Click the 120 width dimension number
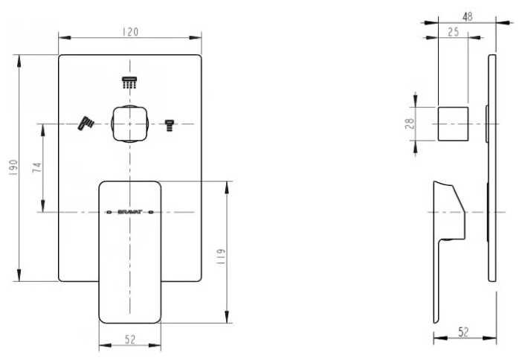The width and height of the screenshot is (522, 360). (x=130, y=32)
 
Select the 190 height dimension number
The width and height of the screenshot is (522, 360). (x=13, y=167)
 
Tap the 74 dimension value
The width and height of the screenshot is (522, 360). (x=37, y=167)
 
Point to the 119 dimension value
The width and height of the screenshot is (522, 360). (x=221, y=257)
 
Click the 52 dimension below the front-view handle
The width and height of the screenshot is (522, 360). (x=130, y=339)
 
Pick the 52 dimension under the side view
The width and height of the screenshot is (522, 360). (x=463, y=332)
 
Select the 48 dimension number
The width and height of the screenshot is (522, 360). (x=468, y=16)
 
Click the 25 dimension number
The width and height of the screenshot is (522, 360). (x=453, y=32)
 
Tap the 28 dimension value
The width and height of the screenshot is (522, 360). (x=410, y=123)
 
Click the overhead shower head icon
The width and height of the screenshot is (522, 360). (x=129, y=83)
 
